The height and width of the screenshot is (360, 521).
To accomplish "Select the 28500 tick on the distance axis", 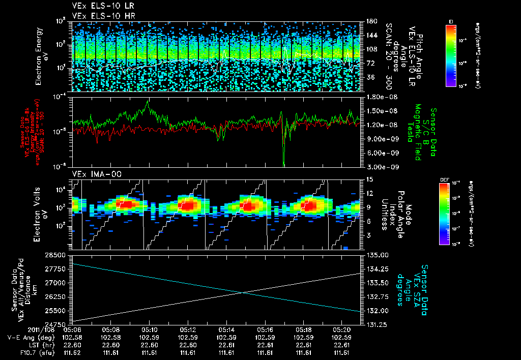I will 54,254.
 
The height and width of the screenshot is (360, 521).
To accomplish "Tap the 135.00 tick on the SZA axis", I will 377,254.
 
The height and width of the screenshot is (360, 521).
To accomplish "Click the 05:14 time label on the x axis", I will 227,330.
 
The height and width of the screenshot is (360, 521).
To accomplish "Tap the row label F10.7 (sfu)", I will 24,352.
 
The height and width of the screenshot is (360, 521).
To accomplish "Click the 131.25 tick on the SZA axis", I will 377,324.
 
